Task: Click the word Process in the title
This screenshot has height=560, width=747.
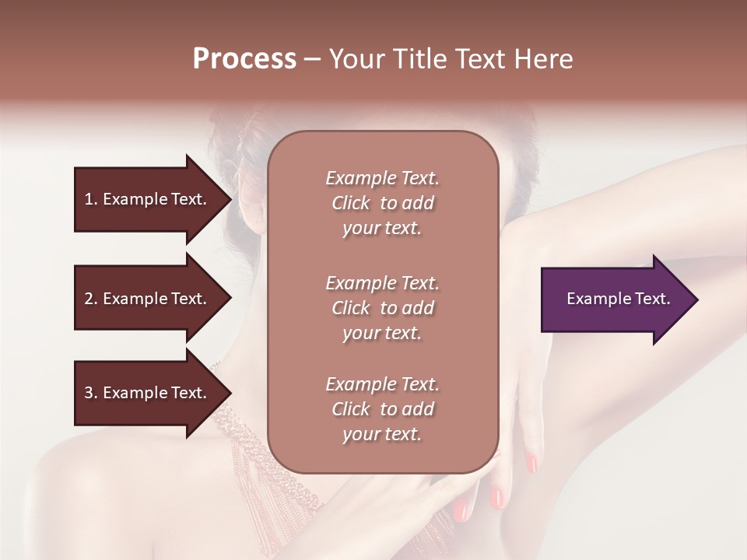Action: click(x=244, y=59)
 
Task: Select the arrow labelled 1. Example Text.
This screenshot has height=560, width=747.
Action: click(x=152, y=199)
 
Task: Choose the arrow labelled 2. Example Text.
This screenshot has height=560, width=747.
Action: click(x=152, y=299)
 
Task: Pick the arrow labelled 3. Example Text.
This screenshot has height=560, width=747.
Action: click(x=152, y=393)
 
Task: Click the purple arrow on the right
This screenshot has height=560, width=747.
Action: click(x=619, y=299)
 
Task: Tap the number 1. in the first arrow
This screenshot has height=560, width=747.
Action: click(x=91, y=199)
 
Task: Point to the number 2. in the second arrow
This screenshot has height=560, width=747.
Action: click(x=91, y=299)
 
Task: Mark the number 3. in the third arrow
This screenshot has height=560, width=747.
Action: click(x=91, y=393)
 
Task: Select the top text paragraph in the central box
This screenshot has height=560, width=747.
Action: click(x=382, y=203)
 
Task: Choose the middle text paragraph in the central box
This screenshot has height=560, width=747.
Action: click(x=382, y=308)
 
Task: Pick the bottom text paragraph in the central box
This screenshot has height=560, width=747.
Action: click(x=382, y=409)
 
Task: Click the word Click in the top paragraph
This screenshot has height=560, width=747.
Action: click(x=351, y=203)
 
